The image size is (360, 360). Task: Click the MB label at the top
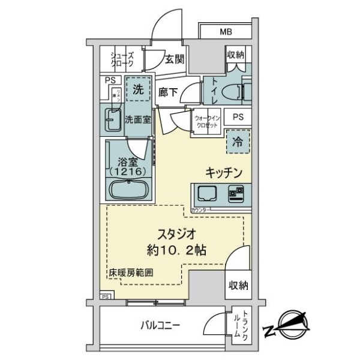[226, 32]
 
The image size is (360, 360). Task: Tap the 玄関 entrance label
[175, 60]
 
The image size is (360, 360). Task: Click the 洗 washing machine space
[138, 91]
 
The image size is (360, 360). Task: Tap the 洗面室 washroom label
[137, 119]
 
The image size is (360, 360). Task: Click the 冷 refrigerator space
[238, 143]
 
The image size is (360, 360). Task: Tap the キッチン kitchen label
[224, 173]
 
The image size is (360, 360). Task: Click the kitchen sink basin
[208, 193]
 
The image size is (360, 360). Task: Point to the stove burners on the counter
[236, 193]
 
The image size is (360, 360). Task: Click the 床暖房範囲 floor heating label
[130, 272]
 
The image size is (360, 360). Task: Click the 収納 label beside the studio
[238, 286]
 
